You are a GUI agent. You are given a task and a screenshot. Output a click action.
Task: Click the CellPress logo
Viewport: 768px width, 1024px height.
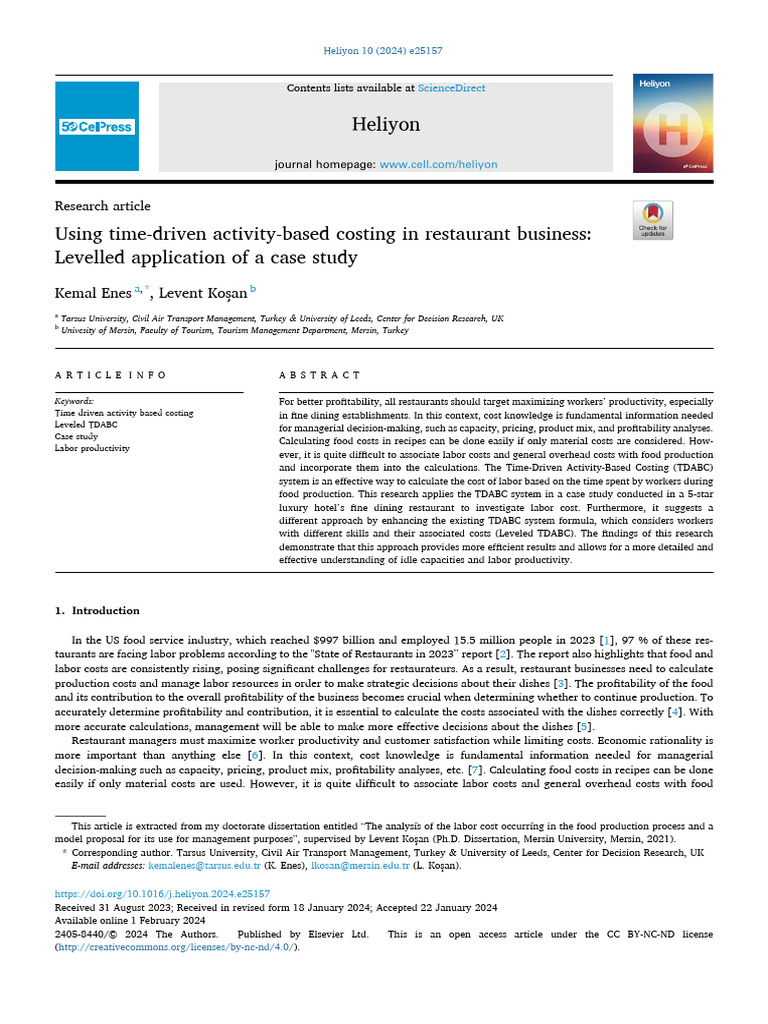[97, 127]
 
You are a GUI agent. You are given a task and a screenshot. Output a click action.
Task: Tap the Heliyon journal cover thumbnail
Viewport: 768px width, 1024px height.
[673, 123]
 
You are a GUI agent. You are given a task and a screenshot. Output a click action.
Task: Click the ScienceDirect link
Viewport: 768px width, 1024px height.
[451, 88]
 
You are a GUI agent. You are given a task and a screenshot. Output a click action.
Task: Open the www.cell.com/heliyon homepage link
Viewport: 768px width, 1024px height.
[438, 164]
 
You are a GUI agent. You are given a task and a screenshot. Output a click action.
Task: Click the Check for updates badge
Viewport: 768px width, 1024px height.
[653, 220]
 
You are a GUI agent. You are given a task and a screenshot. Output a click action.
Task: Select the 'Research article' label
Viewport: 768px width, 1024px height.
[103, 206]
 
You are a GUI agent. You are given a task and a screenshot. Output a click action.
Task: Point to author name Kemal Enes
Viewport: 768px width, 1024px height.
[93, 293]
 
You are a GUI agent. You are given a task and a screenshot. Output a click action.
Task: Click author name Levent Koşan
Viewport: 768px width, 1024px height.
[205, 293]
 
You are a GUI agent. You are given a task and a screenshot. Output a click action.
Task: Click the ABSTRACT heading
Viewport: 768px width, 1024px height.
[320, 375]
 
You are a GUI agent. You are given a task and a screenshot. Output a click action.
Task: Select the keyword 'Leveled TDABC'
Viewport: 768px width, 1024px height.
[86, 425]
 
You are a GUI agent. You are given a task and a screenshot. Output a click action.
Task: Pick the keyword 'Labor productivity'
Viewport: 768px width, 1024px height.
[92, 449]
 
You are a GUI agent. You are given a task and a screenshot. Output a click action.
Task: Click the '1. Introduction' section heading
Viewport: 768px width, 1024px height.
[97, 611]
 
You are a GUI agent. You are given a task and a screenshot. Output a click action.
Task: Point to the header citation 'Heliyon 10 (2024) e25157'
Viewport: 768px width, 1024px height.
[384, 51]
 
